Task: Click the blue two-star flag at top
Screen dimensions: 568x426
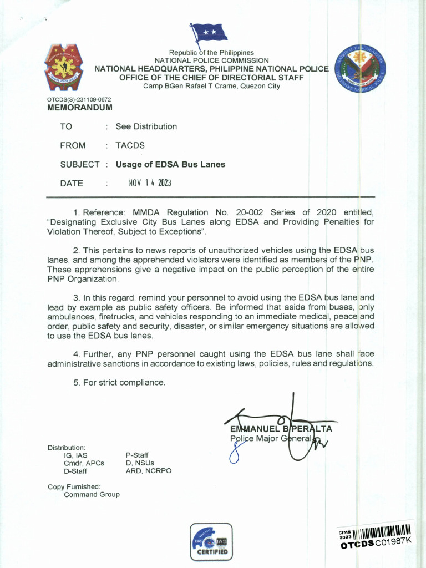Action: point(209,33)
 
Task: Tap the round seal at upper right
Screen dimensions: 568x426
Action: point(361,70)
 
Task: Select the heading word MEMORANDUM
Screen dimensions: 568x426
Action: point(80,107)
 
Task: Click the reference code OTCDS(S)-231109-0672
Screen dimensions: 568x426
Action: point(79,99)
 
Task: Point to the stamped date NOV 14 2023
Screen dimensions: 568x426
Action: point(149,183)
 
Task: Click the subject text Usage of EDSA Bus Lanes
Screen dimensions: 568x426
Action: point(170,164)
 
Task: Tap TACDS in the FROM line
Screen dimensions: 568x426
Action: point(130,145)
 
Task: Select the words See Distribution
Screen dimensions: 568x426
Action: point(146,126)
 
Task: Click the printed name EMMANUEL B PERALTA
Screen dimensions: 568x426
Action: point(281,429)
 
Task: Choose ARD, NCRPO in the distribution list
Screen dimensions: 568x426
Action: point(149,471)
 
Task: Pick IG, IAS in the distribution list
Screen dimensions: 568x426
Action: point(75,455)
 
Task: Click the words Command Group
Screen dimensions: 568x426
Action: point(92,494)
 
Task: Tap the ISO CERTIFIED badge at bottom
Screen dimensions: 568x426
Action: point(211,541)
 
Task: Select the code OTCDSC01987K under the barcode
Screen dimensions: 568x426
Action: point(377,544)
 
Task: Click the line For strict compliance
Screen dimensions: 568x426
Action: point(119,382)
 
